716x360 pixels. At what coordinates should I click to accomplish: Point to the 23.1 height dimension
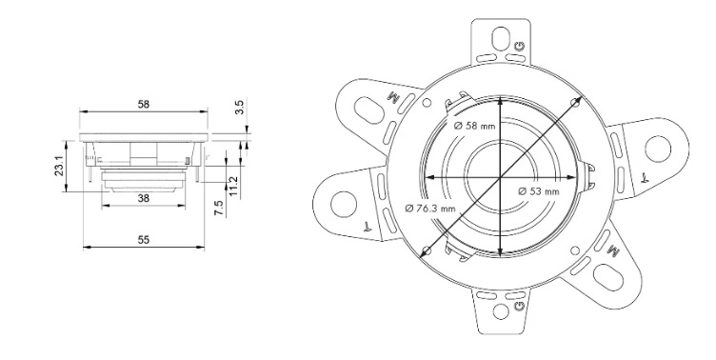(59, 168)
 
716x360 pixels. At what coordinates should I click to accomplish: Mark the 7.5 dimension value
(217, 209)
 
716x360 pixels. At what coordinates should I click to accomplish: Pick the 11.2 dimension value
(234, 180)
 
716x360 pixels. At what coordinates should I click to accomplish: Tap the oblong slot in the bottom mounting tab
(501, 311)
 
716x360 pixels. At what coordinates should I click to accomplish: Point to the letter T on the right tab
(644, 177)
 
